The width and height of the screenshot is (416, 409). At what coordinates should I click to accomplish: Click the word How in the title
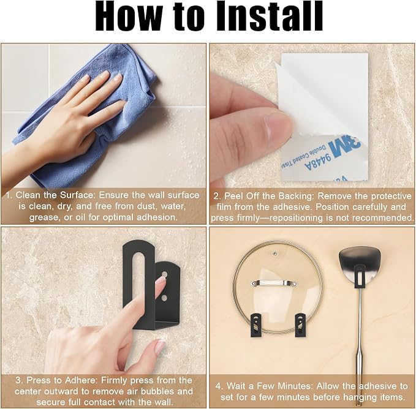[128, 17]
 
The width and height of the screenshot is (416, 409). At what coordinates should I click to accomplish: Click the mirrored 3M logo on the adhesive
[344, 146]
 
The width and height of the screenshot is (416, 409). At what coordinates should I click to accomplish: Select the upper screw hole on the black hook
[164, 274]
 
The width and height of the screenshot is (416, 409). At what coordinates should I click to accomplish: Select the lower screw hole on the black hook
[164, 298]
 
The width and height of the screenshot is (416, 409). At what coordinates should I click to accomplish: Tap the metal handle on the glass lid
[274, 282]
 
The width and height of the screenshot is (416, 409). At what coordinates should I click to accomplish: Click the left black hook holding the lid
[255, 325]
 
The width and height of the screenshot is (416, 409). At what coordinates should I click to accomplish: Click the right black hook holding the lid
[300, 325]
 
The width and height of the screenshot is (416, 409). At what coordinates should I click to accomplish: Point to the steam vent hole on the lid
[274, 253]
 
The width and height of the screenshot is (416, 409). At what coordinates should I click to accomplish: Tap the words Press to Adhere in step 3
[62, 380]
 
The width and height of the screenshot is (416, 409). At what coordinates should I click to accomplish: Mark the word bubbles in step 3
[156, 391]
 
